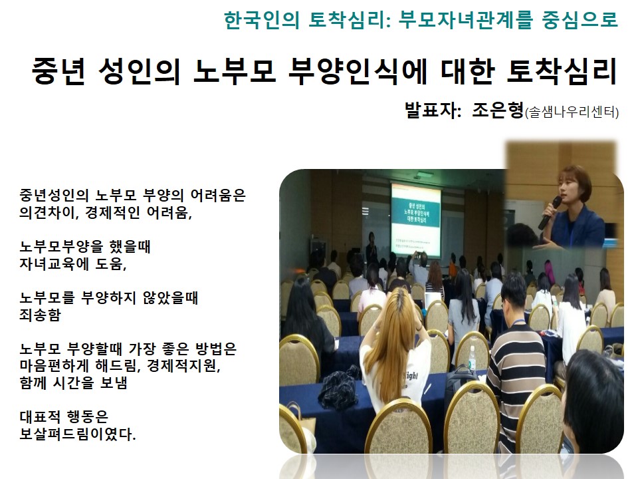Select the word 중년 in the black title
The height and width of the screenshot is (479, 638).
58,71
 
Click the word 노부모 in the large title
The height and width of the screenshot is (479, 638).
235,71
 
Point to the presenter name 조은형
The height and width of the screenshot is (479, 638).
498,110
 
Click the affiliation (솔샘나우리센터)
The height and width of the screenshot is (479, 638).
572,112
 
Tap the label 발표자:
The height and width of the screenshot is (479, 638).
433,110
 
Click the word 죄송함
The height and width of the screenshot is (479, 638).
40,315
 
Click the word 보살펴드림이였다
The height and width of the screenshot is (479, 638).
77,434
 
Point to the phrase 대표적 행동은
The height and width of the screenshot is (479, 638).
64,416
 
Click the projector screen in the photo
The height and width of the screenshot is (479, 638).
415,220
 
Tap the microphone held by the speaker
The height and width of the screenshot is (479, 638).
550,213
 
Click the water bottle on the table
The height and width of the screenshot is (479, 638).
472,359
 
